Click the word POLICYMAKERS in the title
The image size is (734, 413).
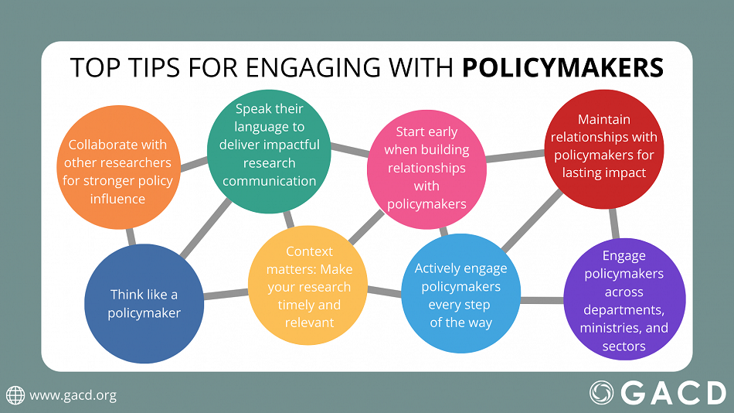pyautogui.click(x=562, y=68)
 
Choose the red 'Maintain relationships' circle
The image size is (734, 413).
pyautogui.click(x=605, y=146)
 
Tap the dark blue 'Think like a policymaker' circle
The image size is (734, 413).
pyautogui.click(x=144, y=303)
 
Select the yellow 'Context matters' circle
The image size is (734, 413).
pyautogui.click(x=308, y=285)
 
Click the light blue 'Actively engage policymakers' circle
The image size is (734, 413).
pyautogui.click(x=460, y=295)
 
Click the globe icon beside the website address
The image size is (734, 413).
pyautogui.click(x=15, y=395)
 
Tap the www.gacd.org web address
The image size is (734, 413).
pyautogui.click(x=73, y=395)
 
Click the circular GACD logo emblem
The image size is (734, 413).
pyautogui.click(x=603, y=393)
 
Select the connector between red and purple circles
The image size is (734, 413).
pyautogui.click(x=615, y=224)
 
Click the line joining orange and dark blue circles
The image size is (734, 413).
pyautogui.click(x=131, y=236)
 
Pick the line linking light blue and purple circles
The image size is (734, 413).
pyautogui.click(x=541, y=299)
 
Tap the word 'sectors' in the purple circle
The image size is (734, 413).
pyautogui.click(x=624, y=346)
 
